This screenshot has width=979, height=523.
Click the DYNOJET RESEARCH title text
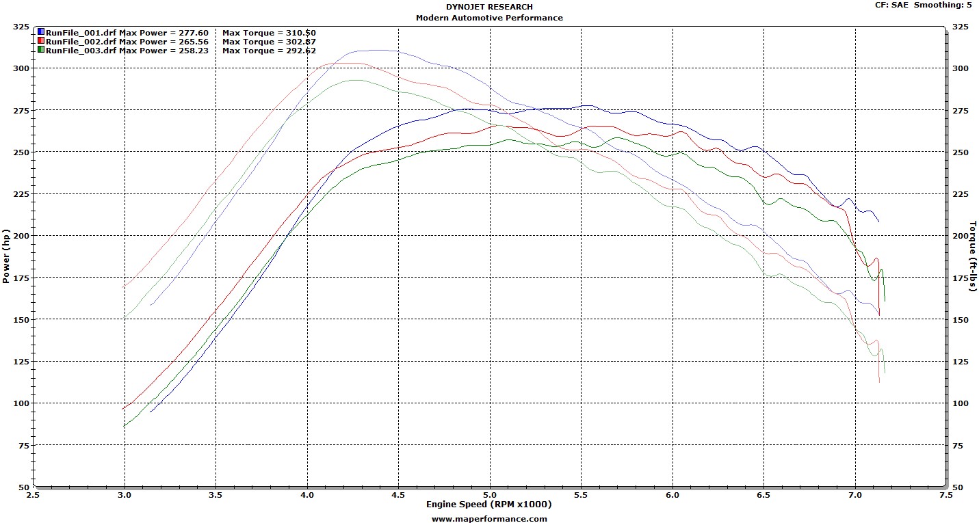(489, 7)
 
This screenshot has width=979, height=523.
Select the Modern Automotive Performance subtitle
(489, 18)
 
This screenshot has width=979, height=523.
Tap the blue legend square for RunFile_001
(41, 32)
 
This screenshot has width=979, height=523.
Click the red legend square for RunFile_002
(41, 41)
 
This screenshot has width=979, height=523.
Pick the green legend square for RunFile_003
(41, 50)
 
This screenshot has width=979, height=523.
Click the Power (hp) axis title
(7, 256)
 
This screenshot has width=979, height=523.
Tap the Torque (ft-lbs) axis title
(972, 256)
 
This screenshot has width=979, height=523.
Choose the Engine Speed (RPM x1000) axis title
(489, 505)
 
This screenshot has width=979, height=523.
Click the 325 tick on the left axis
(21, 27)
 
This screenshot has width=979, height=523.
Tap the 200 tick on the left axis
(21, 235)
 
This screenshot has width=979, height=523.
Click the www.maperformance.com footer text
(489, 518)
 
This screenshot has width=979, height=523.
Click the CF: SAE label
(892, 5)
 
